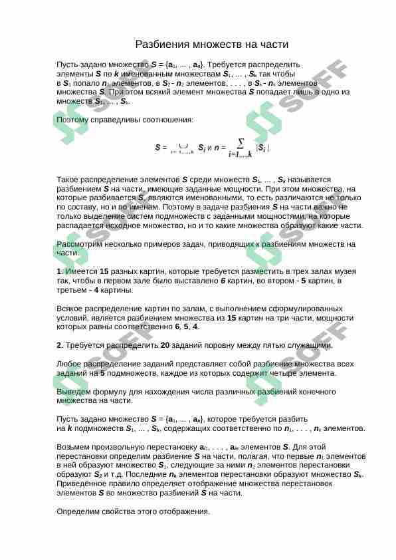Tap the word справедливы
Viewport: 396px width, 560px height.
pyautogui.click(x=118, y=120)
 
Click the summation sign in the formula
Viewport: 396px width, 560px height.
pyautogui.click(x=240, y=142)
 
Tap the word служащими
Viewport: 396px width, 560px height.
pyautogui.click(x=312, y=345)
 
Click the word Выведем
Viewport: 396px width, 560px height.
pyautogui.click(x=73, y=392)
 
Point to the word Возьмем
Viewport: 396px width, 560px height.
pyautogui.click(x=74, y=447)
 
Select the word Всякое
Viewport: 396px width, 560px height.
pyautogui.click(x=72, y=309)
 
